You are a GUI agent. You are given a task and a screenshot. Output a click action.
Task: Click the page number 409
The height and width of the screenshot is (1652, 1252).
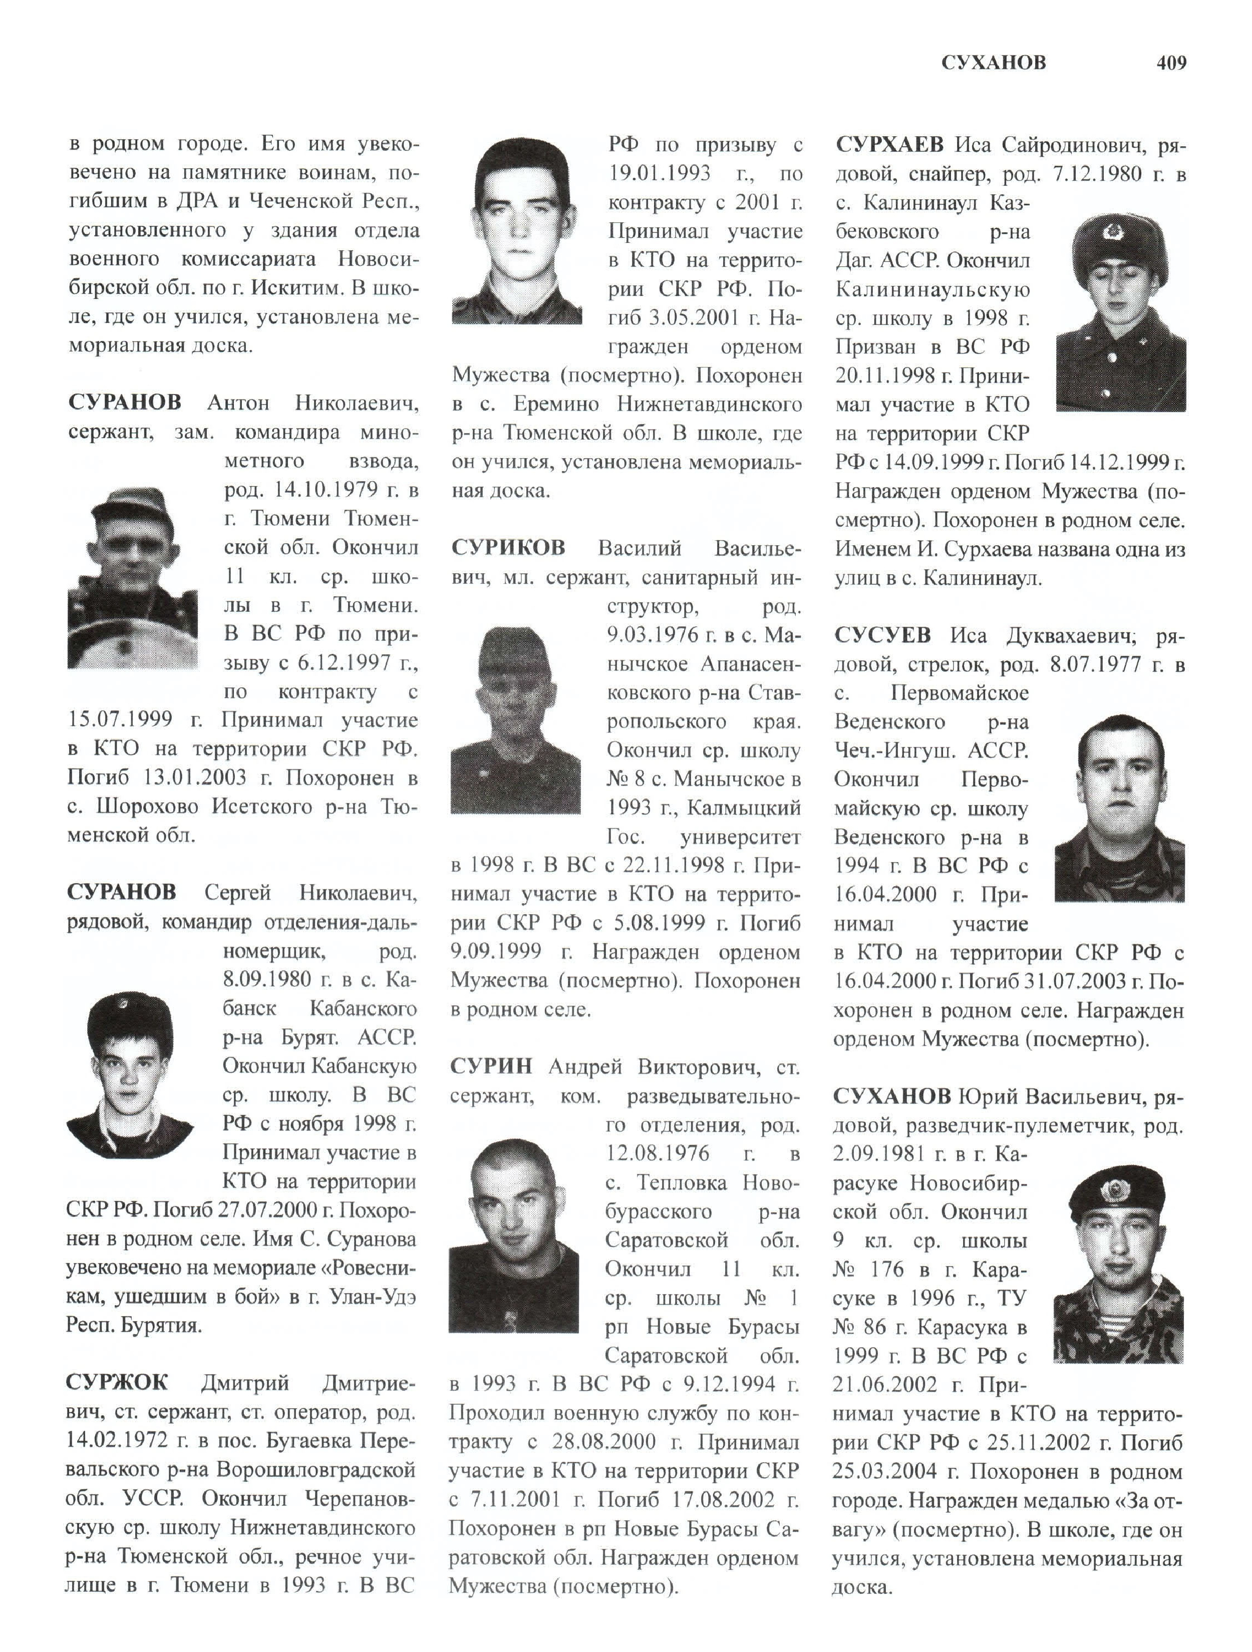(x=1170, y=63)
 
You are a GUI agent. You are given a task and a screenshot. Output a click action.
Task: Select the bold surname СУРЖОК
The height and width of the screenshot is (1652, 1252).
(x=117, y=1382)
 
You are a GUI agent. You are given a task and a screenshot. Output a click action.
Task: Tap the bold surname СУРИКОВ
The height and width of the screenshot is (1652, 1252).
(x=508, y=548)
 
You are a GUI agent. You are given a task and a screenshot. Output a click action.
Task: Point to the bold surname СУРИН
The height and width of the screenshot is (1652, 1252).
(x=491, y=1066)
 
